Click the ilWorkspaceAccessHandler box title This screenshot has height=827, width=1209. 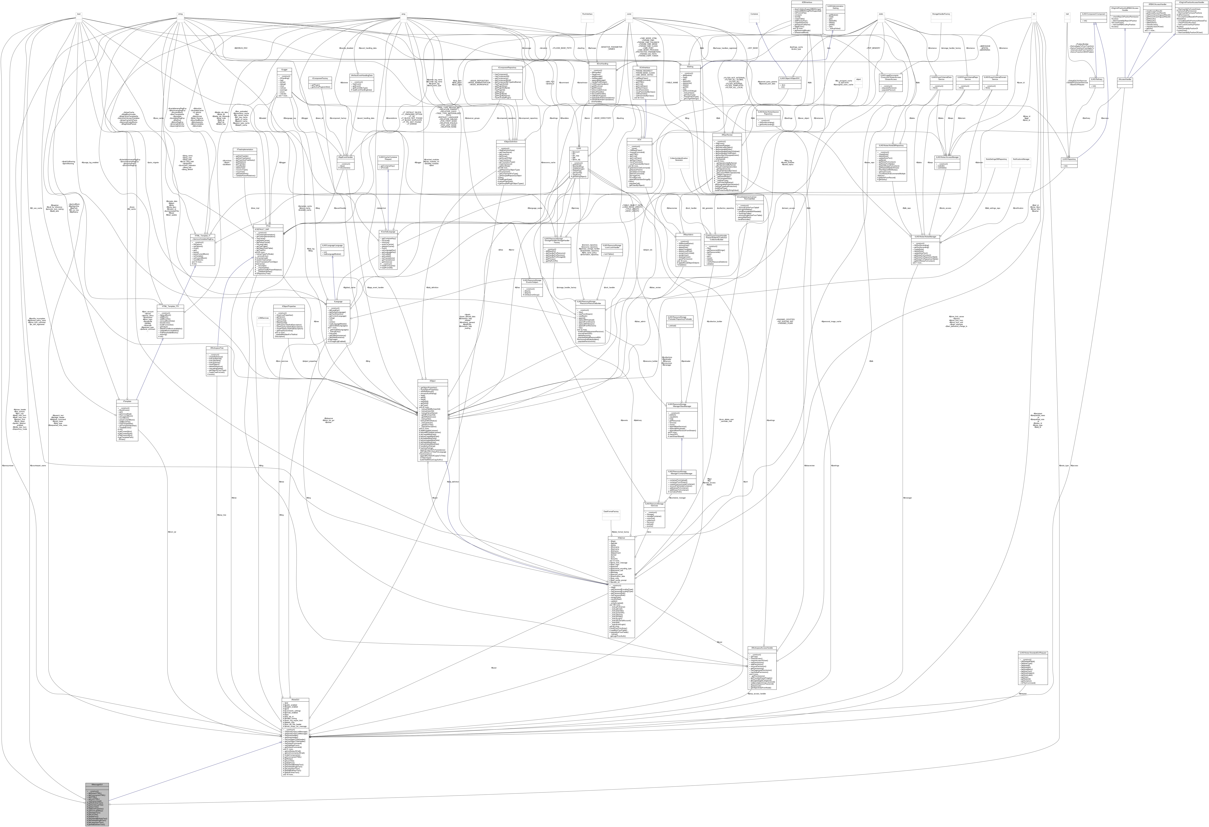[762, 648]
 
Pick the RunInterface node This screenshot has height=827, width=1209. [587, 14]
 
